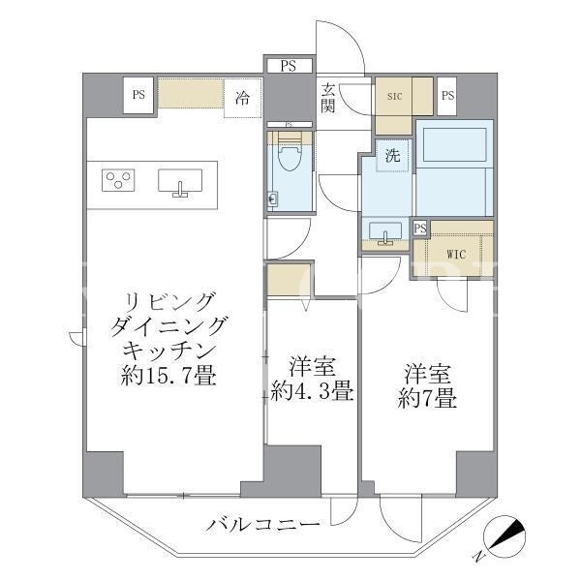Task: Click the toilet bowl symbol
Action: (x=290, y=155)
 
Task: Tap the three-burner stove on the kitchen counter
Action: (x=118, y=180)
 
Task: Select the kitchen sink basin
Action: (x=180, y=180)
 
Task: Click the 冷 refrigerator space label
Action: (x=242, y=98)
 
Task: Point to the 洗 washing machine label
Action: (x=393, y=155)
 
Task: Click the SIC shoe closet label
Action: (x=394, y=96)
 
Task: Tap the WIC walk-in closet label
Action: (x=456, y=255)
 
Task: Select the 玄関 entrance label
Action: (x=328, y=98)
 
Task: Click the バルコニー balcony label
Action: (x=263, y=525)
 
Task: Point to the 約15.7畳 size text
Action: (x=168, y=377)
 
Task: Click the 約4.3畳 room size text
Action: (x=312, y=391)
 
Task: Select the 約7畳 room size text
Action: (x=427, y=399)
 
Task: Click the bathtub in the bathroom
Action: (x=455, y=145)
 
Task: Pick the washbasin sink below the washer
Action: (x=385, y=232)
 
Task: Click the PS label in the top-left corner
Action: (x=138, y=95)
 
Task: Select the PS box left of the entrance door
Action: (x=289, y=66)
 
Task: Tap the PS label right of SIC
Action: (x=447, y=96)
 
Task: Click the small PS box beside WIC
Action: (x=420, y=229)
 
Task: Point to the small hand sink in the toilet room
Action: (x=273, y=200)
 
